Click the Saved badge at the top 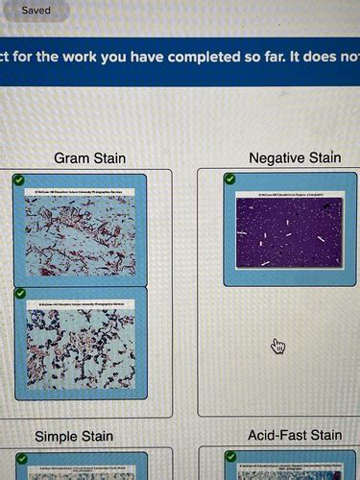tap(36, 11)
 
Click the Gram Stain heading tap(89, 157)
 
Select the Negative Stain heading tap(294, 157)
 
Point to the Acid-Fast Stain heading tap(294, 436)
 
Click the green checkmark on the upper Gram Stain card tap(20, 180)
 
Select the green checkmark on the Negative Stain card tap(229, 179)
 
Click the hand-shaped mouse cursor tap(278, 346)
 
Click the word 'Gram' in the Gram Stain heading tap(71, 157)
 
